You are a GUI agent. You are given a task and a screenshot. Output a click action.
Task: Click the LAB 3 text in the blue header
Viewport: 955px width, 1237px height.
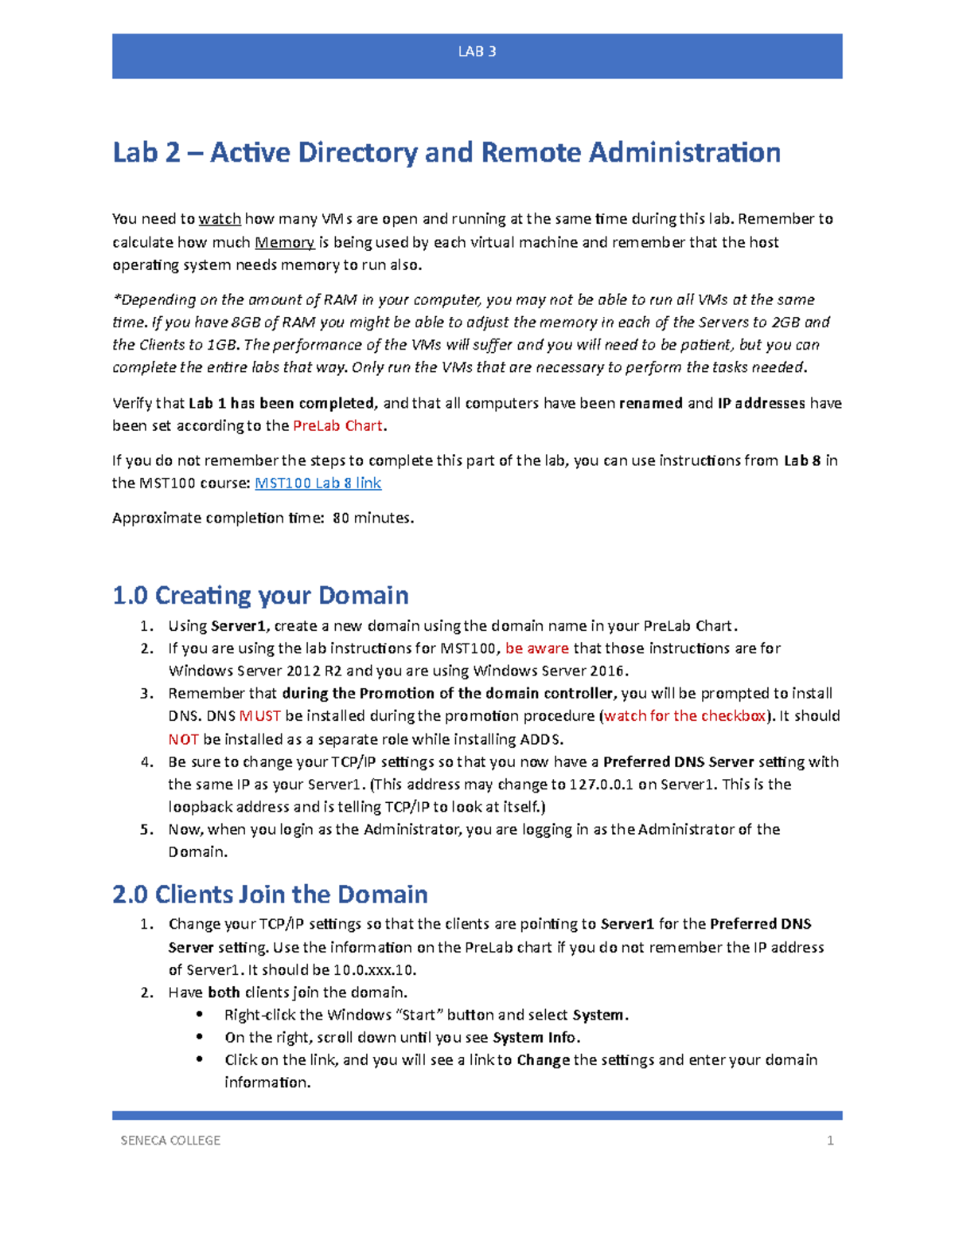pyautogui.click(x=477, y=52)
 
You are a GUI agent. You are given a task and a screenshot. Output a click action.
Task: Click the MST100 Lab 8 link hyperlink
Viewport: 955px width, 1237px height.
pyautogui.click(x=318, y=483)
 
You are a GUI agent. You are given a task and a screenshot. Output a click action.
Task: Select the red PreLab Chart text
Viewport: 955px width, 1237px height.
pyautogui.click(x=338, y=425)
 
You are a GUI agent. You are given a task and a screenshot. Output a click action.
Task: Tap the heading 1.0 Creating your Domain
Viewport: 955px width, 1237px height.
pyautogui.click(x=260, y=595)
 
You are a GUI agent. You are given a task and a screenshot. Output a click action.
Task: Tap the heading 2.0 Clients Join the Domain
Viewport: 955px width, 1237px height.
pyautogui.click(x=270, y=894)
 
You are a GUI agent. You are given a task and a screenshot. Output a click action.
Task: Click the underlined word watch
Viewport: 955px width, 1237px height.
pyautogui.click(x=220, y=219)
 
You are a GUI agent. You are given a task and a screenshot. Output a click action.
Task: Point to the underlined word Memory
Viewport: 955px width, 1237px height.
pyautogui.click(x=284, y=242)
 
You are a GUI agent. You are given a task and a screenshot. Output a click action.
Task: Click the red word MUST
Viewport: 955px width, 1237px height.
pyautogui.click(x=259, y=715)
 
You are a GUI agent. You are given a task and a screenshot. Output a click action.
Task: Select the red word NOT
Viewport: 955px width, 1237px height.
pyautogui.click(x=183, y=738)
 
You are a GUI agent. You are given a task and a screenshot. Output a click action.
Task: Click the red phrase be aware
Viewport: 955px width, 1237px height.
pyautogui.click(x=536, y=648)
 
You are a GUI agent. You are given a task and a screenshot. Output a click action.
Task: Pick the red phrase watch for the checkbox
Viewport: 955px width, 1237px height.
pyautogui.click(x=684, y=715)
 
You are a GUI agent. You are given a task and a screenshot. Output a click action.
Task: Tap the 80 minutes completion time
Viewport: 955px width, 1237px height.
pyautogui.click(x=372, y=518)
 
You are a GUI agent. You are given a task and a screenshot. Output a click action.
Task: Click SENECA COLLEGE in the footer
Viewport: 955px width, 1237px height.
pyautogui.click(x=170, y=1141)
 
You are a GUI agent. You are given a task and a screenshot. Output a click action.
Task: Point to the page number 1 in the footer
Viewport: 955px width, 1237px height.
pyautogui.click(x=830, y=1141)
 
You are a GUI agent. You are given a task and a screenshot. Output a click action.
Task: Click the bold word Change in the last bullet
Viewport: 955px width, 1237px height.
pyautogui.click(x=543, y=1059)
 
